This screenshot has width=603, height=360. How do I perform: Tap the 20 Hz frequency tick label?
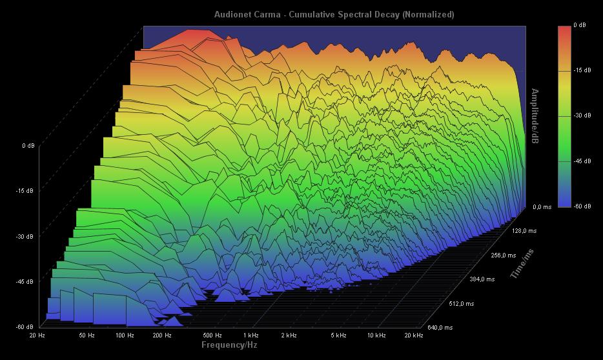[x=37, y=335]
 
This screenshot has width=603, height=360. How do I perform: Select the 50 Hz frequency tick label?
[x=87, y=335]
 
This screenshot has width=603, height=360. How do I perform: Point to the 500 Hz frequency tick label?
[x=212, y=335]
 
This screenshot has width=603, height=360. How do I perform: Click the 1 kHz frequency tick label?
[x=251, y=335]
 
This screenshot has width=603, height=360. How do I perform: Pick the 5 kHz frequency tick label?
[x=338, y=335]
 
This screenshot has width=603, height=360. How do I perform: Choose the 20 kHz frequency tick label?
[x=413, y=335]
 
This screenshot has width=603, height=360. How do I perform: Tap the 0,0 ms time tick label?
[x=542, y=207]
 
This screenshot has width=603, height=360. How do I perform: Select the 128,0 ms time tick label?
[x=524, y=230]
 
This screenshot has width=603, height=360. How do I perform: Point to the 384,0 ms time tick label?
[x=482, y=279]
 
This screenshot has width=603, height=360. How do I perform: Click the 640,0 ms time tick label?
[x=440, y=328]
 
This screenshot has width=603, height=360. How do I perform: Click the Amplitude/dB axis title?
[x=535, y=116]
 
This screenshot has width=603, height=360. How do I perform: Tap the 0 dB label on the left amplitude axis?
[x=28, y=146]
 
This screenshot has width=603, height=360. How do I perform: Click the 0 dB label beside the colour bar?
[x=580, y=26]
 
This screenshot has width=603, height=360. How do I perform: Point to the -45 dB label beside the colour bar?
[x=582, y=161]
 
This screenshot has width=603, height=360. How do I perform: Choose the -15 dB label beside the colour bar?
[x=582, y=70]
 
